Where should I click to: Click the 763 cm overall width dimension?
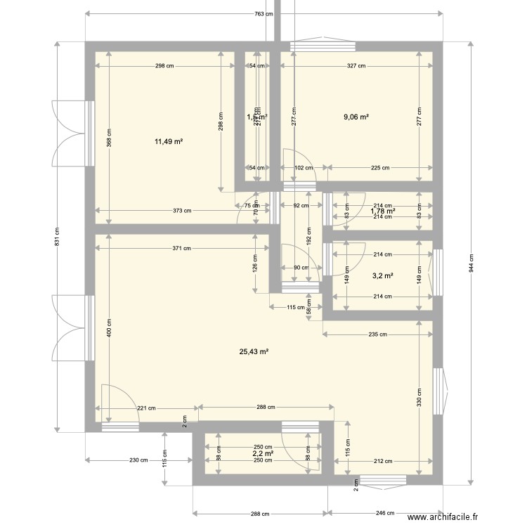tap(263, 14)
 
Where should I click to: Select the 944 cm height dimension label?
tap(473, 263)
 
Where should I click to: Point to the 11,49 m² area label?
tap(169, 141)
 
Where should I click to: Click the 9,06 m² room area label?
tap(356, 117)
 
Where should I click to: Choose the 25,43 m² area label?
tap(254, 352)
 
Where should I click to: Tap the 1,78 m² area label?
tap(383, 211)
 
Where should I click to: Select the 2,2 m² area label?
tap(263, 455)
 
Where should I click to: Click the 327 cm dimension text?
tap(356, 66)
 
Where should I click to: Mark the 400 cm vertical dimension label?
tap(108, 327)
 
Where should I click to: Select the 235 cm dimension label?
tap(377, 334)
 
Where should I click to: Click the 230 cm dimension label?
tap(139, 460)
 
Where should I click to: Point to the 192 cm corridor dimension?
tap(308, 239)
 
